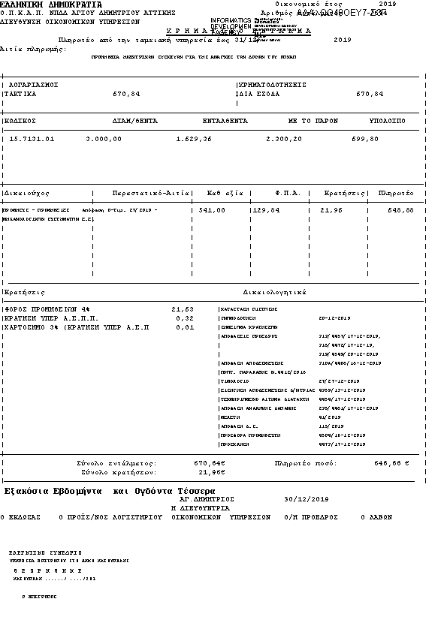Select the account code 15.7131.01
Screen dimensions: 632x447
click(x=32, y=139)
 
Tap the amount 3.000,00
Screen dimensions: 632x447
click(x=104, y=139)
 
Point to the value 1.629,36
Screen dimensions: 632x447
click(x=194, y=139)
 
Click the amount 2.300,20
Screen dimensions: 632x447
click(x=285, y=139)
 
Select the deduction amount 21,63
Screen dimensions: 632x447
click(x=182, y=308)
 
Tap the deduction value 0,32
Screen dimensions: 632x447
click(x=184, y=318)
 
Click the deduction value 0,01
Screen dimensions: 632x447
click(x=184, y=327)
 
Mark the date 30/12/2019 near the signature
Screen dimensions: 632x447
click(x=307, y=499)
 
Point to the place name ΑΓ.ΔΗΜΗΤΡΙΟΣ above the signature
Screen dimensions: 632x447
click(x=207, y=499)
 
